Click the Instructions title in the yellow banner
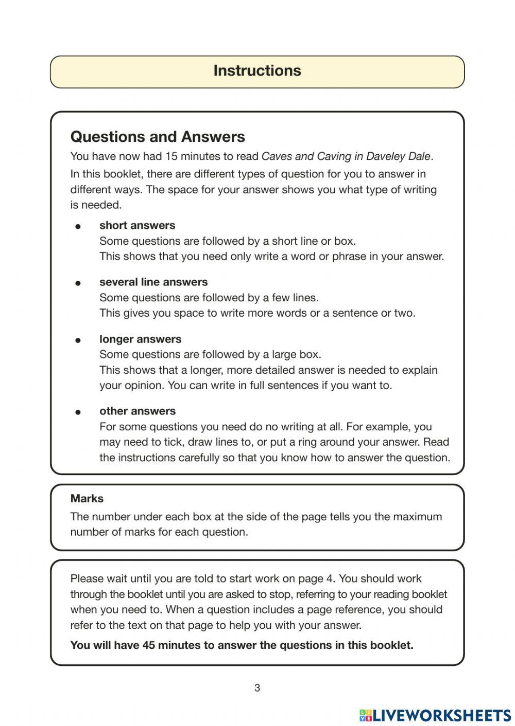pos(257,71)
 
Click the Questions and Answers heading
pos(158,137)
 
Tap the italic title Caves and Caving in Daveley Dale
pos(346,156)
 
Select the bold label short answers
pos(137,225)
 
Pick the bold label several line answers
pos(153,282)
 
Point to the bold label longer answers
pos(140,339)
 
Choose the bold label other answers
pos(137,411)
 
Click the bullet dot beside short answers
pos(78,226)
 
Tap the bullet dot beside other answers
pos(78,412)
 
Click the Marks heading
pos(87,499)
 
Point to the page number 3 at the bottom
pos(257,688)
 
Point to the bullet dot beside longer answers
pos(78,340)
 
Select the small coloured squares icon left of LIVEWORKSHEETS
pos(365,715)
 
